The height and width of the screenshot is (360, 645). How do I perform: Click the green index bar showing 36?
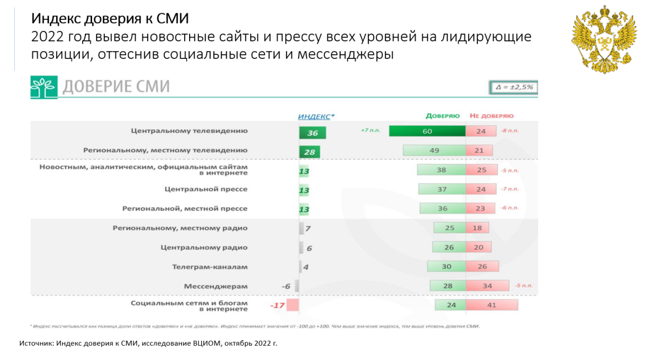313,133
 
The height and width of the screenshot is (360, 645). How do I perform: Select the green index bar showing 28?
309,152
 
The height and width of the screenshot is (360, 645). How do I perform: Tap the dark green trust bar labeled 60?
427,131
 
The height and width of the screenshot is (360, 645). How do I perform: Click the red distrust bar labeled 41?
492,305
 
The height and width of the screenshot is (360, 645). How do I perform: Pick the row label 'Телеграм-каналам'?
210,267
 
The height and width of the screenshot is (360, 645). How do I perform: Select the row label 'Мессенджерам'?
216,286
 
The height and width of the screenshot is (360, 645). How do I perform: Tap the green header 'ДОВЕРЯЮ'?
443,116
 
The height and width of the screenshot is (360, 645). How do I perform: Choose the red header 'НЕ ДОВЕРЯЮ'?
492,116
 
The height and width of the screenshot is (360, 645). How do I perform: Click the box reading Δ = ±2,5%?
513,87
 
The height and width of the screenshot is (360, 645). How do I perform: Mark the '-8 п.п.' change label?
510,131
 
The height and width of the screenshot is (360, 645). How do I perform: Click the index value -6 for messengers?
286,286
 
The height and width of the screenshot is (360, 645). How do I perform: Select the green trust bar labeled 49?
434,151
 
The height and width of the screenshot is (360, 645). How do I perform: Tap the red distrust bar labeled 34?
487,286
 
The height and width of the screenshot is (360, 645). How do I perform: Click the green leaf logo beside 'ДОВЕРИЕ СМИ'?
44,87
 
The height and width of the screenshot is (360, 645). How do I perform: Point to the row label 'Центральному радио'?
204,248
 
